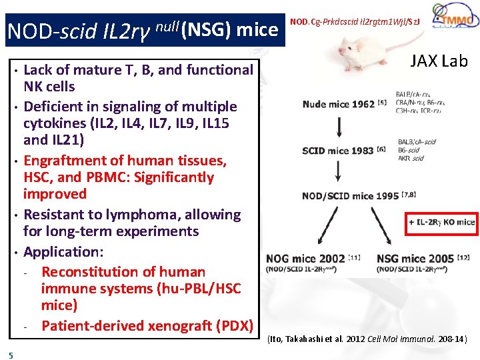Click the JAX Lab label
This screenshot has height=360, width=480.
point(439,61)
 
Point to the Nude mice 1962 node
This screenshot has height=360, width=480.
point(339,104)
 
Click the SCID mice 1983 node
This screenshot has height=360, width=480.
point(338,151)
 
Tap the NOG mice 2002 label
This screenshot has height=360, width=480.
point(305,259)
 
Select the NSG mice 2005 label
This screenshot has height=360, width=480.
point(415,259)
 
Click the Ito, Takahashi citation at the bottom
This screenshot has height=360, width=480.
point(367,339)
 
